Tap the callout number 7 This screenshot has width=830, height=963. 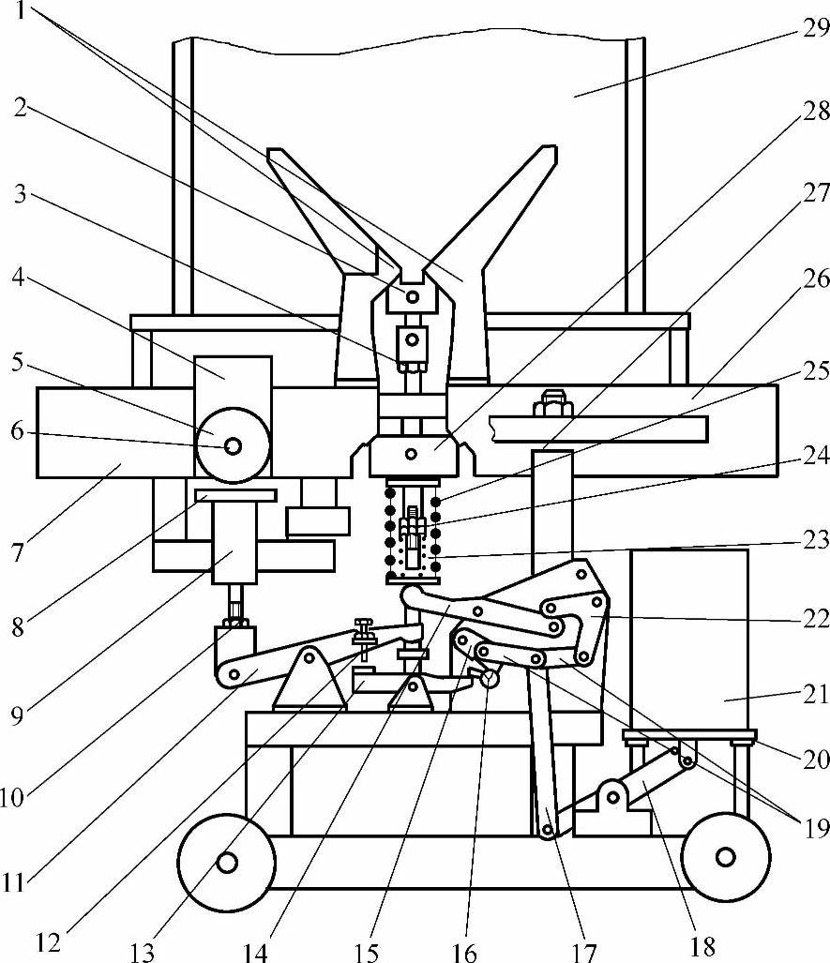pos(17,552)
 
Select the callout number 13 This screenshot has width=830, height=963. pos(143,952)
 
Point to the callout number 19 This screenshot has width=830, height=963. pos(816,830)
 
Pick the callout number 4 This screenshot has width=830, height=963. pos(18,278)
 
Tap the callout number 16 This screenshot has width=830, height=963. pos(464,952)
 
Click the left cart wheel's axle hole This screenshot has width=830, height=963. pos(227,863)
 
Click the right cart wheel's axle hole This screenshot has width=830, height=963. pos(726,857)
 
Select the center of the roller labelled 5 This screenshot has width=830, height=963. pos(233,446)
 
